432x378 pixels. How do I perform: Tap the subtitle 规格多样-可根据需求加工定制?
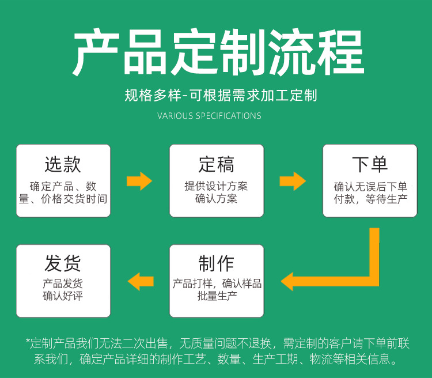[221, 95]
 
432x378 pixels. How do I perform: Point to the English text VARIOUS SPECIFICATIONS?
[209, 116]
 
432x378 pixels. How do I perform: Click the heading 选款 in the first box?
[63, 164]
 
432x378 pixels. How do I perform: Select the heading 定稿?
[216, 164]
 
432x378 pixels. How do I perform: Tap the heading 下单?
[370, 164]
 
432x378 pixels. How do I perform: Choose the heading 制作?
[216, 263]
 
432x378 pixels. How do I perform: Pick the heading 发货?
[63, 263]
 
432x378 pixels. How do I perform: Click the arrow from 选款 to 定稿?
[139, 181]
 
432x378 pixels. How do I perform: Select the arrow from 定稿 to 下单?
[293, 181]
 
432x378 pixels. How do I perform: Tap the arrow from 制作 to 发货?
[140, 282]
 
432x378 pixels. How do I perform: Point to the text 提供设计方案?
[216, 187]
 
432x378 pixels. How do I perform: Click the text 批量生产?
[216, 296]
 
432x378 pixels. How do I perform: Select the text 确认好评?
[63, 296]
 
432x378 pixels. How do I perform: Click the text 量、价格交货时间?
[63, 199]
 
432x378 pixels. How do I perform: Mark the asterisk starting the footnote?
[28, 342]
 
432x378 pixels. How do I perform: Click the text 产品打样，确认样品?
[217, 283]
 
